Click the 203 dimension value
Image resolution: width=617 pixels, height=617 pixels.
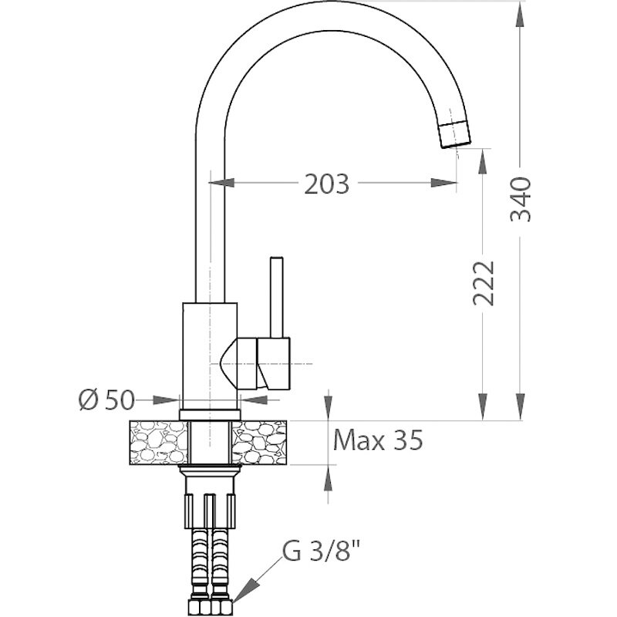326,184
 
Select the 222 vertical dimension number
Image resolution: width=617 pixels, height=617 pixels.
483,283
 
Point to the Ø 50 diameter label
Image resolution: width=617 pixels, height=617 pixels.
106,400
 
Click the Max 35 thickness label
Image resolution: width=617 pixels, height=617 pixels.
378,440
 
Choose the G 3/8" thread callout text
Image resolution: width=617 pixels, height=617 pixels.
321,551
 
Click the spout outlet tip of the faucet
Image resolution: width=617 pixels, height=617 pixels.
456,135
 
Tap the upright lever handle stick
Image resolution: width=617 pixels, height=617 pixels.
277,297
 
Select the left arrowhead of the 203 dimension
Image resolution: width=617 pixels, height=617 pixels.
221,183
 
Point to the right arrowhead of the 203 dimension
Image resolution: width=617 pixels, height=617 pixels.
444,183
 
